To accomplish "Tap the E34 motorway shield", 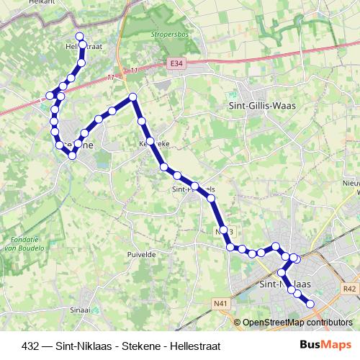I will click(178, 64).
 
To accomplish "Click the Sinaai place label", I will click(80, 310).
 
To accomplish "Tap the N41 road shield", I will click(220, 305).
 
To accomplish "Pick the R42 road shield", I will click(350, 289).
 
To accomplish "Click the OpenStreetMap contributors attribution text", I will click(297, 323).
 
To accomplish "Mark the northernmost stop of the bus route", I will click(79, 36).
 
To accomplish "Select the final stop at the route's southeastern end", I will click(311, 304).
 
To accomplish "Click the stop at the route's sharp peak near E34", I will click(132, 97).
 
